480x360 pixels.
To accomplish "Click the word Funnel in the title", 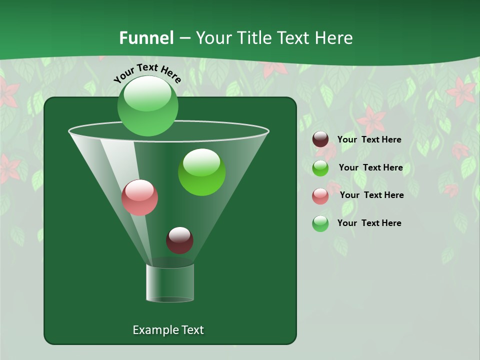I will tap(146, 38).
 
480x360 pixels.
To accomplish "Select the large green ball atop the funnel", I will tap(147, 106).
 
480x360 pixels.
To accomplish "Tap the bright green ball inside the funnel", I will tap(201, 172).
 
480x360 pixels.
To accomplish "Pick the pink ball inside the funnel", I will tap(139, 197).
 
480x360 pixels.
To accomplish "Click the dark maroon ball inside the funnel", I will tap(179, 240).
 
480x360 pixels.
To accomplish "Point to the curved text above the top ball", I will tap(147, 73).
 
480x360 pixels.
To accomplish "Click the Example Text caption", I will tap(168, 330).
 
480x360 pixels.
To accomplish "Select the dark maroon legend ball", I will tap(320, 139).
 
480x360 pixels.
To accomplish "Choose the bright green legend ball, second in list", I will tap(320, 167).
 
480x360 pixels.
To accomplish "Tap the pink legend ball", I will tap(320, 195).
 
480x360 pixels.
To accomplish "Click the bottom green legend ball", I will tap(320, 223).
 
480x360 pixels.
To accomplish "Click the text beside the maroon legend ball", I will tap(369, 139).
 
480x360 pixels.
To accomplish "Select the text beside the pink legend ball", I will tap(371, 195).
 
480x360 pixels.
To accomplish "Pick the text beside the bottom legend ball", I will tap(369, 223).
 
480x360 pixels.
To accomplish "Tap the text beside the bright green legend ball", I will tap(370, 167).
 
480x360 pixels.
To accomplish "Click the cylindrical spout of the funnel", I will tap(170, 283).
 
